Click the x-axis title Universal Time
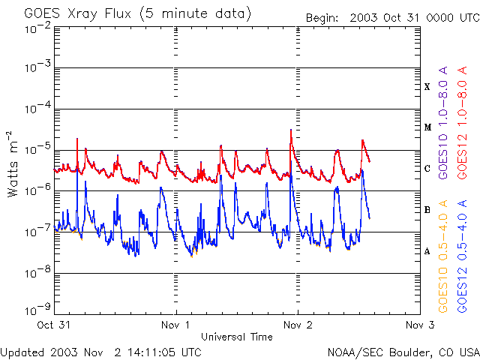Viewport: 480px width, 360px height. (236, 337)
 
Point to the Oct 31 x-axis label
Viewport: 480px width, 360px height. (54, 325)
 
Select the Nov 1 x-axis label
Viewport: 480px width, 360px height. (175, 325)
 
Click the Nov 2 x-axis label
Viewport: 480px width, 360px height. (298, 325)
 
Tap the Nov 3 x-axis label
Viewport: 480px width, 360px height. (419, 325)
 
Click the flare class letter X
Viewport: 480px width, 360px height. (427, 87)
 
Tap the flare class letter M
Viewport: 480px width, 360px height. (427, 127)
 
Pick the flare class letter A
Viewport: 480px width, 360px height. (427, 251)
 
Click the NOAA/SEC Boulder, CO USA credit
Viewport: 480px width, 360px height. (403, 351)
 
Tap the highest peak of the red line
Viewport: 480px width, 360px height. (290, 130)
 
